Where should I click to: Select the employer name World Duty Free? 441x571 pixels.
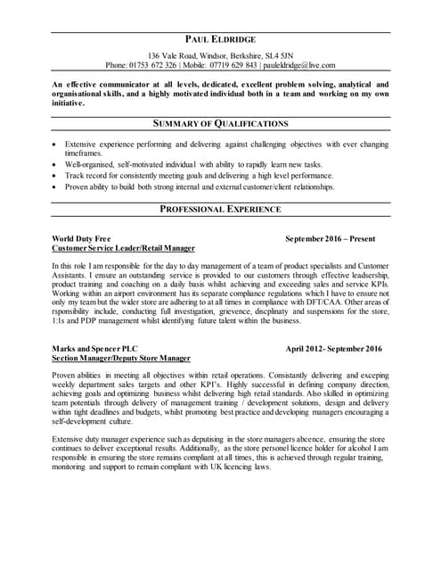[81, 239]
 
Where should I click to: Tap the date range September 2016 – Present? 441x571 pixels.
[331, 239]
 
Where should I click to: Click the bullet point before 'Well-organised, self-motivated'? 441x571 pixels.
[56, 165]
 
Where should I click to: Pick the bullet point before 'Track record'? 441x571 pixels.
[56, 177]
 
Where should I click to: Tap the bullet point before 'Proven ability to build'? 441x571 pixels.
[56, 188]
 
